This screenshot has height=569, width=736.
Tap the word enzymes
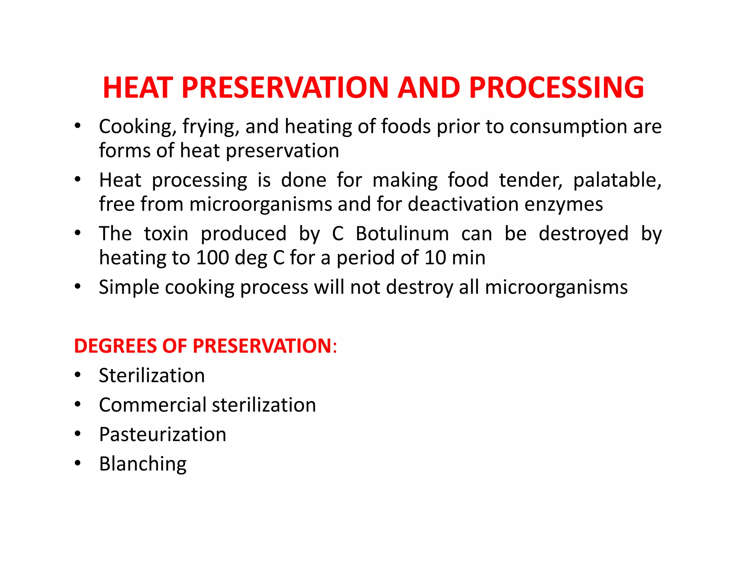click(x=563, y=204)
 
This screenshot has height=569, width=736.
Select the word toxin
click(x=166, y=234)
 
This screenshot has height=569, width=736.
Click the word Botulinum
click(x=402, y=234)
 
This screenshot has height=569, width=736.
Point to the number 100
click(x=212, y=258)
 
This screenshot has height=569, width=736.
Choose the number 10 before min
click(x=436, y=258)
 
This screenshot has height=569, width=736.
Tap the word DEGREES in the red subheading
click(x=115, y=346)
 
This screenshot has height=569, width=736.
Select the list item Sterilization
click(x=152, y=375)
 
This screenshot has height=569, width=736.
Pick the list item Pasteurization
click(x=162, y=434)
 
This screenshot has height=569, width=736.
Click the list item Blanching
click(x=143, y=464)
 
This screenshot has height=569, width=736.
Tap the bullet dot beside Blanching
click(x=78, y=463)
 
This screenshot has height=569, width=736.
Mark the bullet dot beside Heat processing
click(x=78, y=179)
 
